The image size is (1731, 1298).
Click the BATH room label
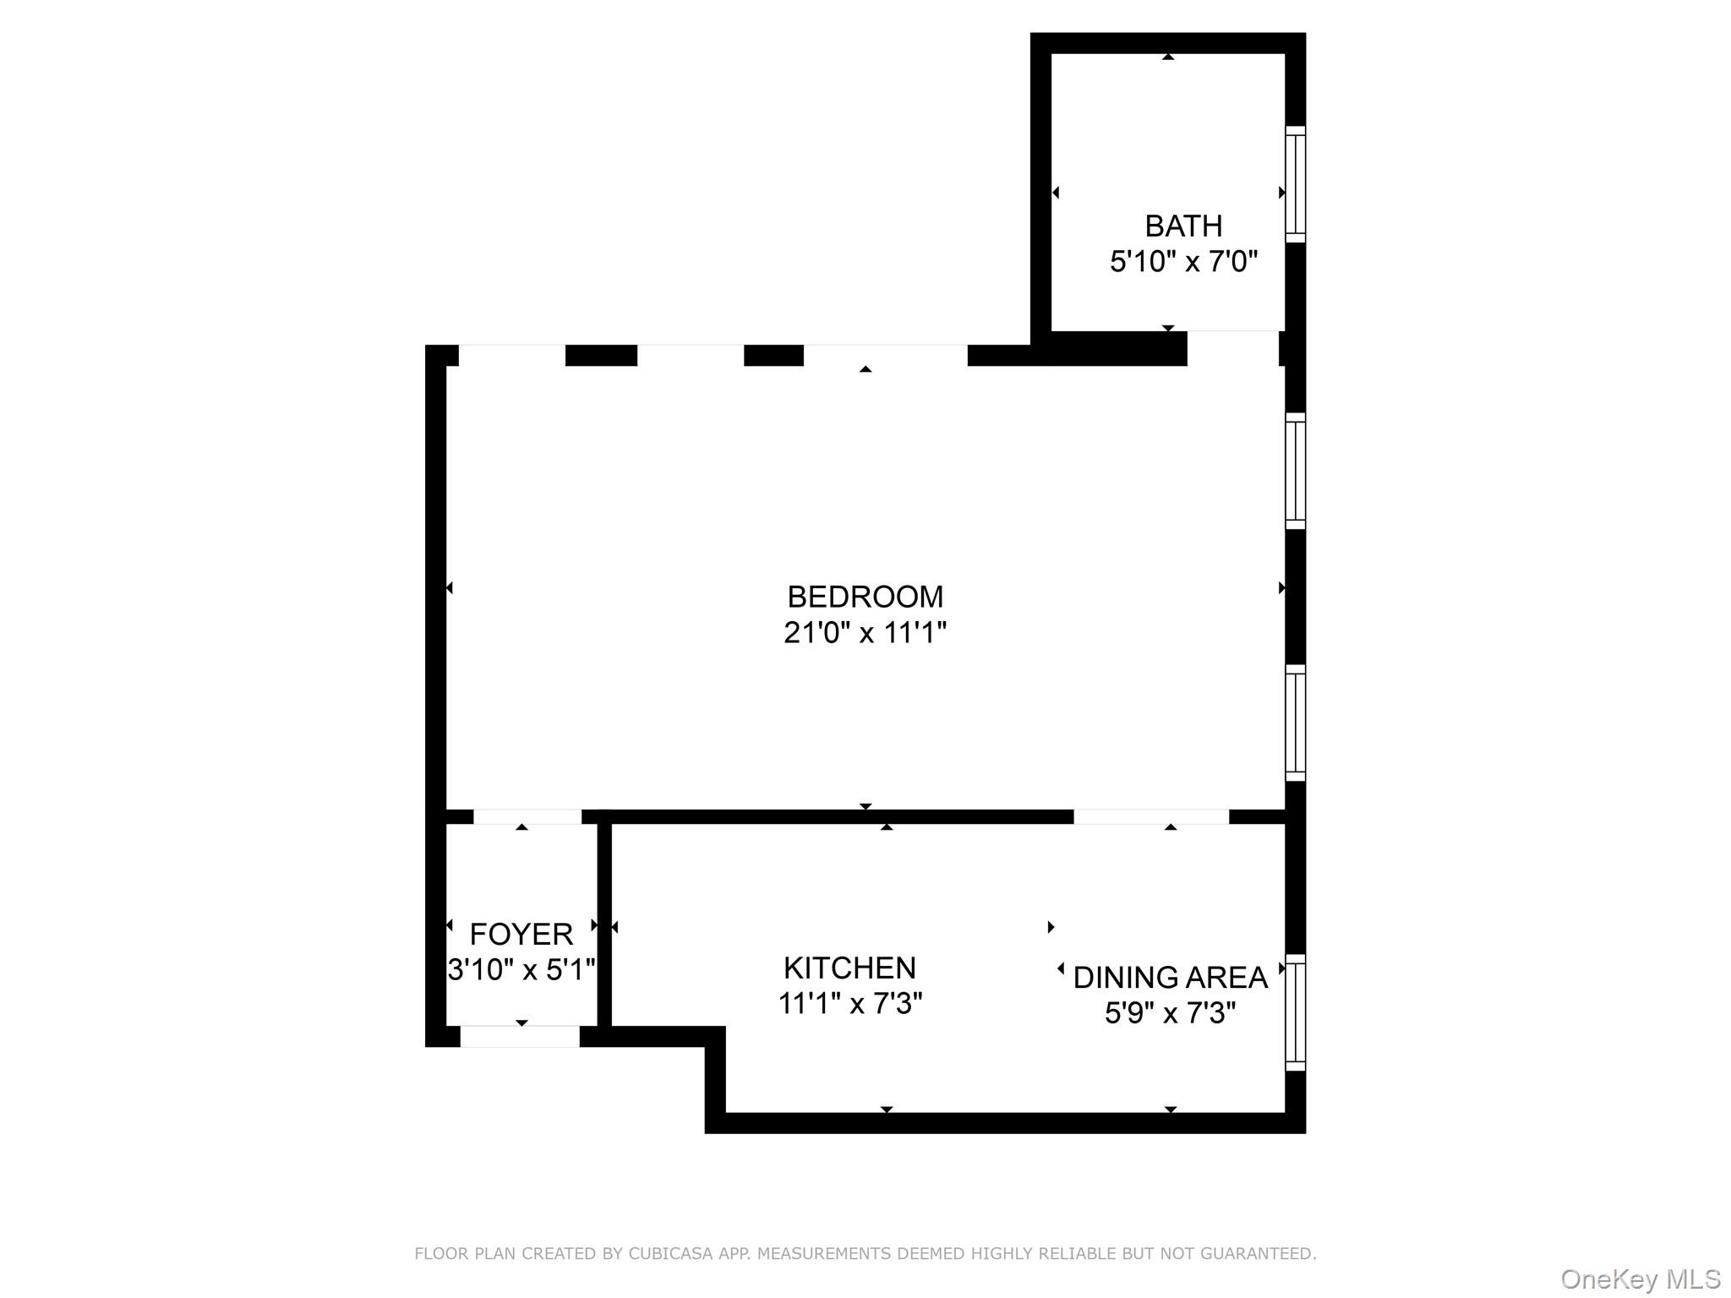coord(1182,226)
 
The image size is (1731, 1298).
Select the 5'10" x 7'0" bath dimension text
coord(1182,262)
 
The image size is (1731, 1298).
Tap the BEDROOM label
coord(865,597)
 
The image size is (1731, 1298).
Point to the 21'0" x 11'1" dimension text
coord(865,632)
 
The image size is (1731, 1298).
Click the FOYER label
coord(521,934)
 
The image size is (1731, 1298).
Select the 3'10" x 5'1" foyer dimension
coord(521,969)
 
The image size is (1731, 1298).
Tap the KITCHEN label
coord(849,968)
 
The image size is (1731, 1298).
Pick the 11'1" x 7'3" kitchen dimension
coord(849,1004)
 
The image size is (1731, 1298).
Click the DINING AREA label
coord(1170,978)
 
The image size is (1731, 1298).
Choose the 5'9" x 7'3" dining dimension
coord(1170,1012)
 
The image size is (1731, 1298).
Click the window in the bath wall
coord(1295,184)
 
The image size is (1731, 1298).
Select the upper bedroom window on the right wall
coord(1295,471)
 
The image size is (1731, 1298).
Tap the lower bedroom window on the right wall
coord(1295,723)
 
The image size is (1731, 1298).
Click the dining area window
coord(1295,1012)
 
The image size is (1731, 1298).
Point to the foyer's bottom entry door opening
coord(520,1036)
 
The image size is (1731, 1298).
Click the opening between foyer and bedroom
coord(527,816)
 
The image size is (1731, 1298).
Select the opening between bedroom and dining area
coord(1150,816)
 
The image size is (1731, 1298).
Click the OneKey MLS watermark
coord(1640,1279)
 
